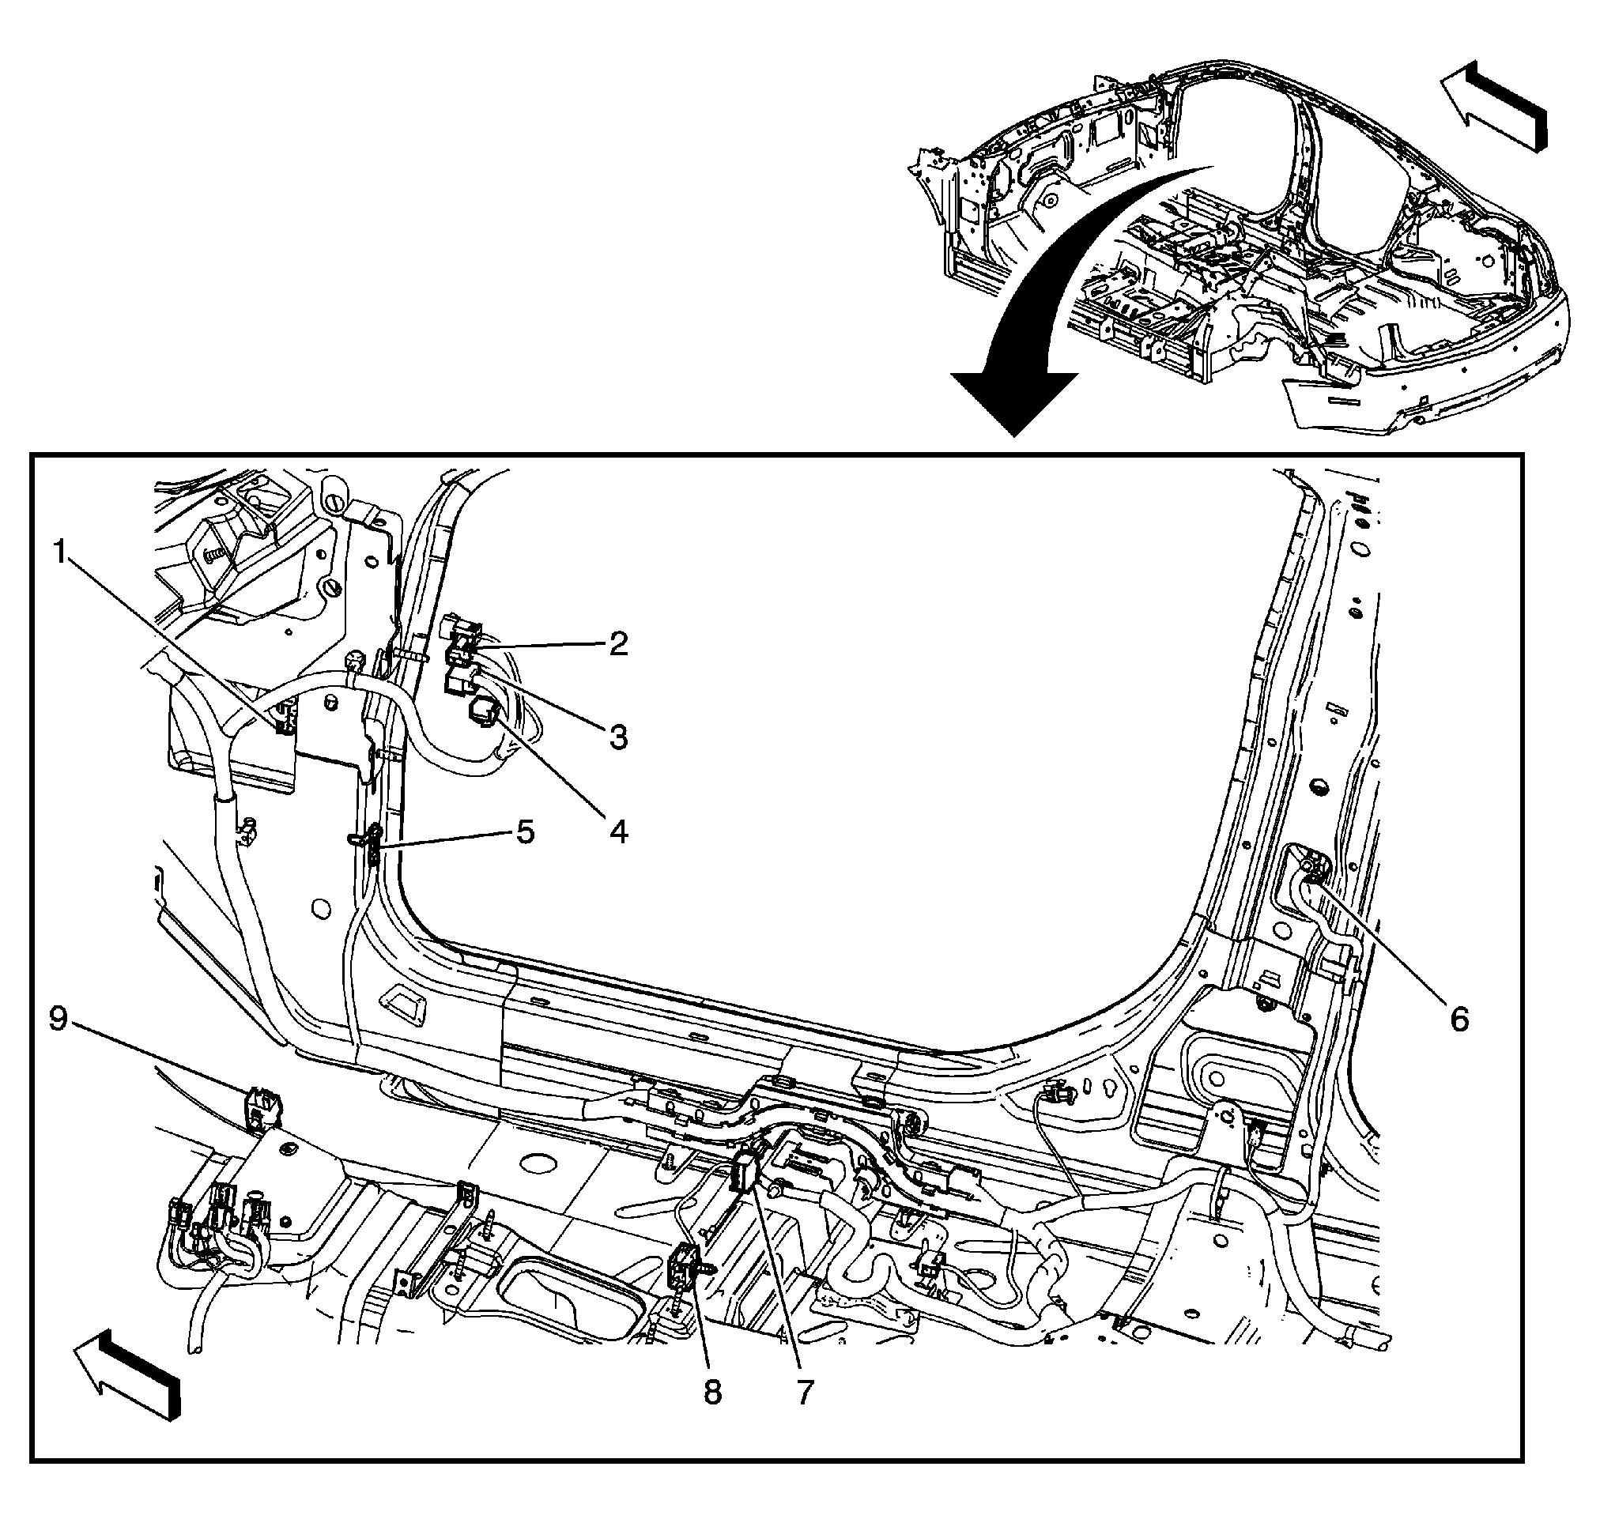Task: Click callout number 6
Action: click(x=1458, y=1019)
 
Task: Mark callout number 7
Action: click(x=803, y=1393)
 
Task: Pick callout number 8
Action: click(x=711, y=1393)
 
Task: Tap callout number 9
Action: click(x=58, y=1019)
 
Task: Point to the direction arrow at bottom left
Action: click(x=128, y=1373)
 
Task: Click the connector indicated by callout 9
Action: click(x=265, y=1109)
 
